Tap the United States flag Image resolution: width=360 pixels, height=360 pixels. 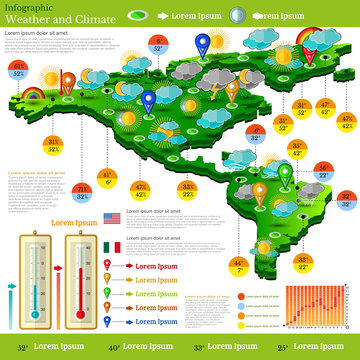pyautogui.click(x=111, y=218)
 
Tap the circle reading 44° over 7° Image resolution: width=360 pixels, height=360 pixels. pyautogui.click(x=238, y=266)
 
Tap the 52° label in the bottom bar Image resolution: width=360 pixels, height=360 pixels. pyautogui.click(x=22, y=347)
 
